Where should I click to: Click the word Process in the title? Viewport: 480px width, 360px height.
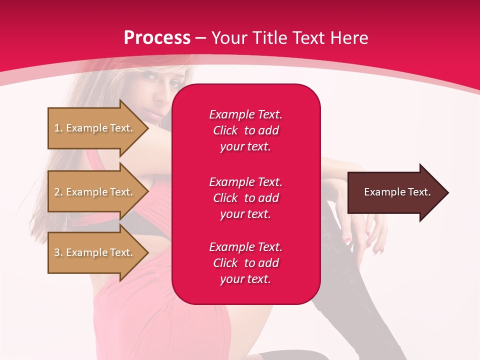point(157,38)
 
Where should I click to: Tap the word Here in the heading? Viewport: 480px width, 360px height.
point(347,38)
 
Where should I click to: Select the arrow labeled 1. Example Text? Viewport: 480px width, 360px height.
point(95,128)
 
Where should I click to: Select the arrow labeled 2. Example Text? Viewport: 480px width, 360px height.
point(95,192)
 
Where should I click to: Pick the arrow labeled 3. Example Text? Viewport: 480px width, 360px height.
point(95,252)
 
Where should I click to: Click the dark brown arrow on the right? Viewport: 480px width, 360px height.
point(395,192)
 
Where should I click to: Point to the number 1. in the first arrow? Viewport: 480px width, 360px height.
point(58,128)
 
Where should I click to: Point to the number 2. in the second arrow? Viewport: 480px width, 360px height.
point(58,192)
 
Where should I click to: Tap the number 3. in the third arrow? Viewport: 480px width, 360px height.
point(58,252)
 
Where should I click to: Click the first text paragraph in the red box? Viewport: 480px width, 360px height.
point(245,130)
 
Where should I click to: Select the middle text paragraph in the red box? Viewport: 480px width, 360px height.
point(245,198)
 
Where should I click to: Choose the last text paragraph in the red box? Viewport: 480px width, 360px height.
point(245,263)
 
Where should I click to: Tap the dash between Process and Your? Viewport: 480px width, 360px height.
point(201,38)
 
